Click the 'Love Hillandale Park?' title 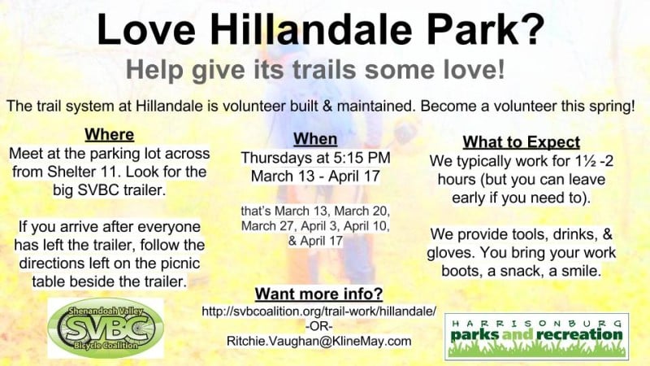320,29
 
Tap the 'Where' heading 110,134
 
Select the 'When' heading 315,139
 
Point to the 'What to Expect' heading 521,142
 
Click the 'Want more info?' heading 318,294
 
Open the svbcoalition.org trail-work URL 318,312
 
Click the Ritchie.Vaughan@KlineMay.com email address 318,341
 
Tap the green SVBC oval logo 106,328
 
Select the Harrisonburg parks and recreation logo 536,337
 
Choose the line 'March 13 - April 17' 315,176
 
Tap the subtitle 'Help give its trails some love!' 315,69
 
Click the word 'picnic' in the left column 180,264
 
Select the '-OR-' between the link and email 318,326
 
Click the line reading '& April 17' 315,241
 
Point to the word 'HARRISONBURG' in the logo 536,323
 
